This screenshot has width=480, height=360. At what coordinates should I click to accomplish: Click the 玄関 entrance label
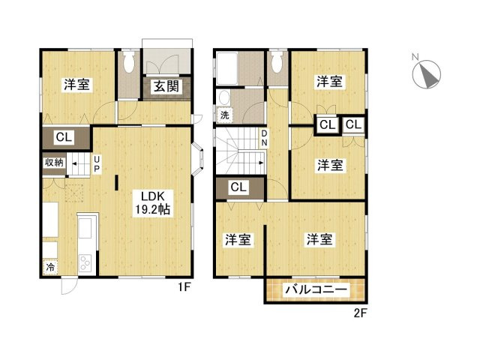coord(166,86)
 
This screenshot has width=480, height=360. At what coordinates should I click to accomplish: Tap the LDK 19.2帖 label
coord(153,203)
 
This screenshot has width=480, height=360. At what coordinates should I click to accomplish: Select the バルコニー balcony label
coord(316,289)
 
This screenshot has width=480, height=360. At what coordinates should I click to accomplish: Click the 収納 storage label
coord(54,162)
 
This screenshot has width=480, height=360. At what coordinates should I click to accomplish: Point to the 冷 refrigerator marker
coord(50,267)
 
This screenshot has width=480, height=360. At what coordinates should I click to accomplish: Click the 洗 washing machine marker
coord(225,115)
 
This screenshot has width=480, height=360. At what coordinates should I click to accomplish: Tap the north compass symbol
coord(427,73)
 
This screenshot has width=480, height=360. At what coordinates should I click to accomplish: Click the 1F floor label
coord(184,287)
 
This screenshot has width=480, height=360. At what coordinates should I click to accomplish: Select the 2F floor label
coord(360,313)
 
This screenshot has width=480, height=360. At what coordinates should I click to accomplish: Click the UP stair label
coord(97,164)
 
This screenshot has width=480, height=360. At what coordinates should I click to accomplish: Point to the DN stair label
coord(264,138)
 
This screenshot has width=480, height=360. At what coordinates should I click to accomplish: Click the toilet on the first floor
coord(129,62)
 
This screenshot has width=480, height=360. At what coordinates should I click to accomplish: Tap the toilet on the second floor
coord(277,62)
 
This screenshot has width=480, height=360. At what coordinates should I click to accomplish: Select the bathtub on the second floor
coord(226,68)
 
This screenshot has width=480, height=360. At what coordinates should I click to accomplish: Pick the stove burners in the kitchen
coord(85,262)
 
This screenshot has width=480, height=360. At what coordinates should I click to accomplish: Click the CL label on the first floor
coord(64,137)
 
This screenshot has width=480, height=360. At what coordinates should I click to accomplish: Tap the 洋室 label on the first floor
coord(76,85)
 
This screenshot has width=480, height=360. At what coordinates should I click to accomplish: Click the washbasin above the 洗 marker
coord(225,98)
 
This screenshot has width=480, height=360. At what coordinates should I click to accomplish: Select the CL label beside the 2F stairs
coord(238,187)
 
